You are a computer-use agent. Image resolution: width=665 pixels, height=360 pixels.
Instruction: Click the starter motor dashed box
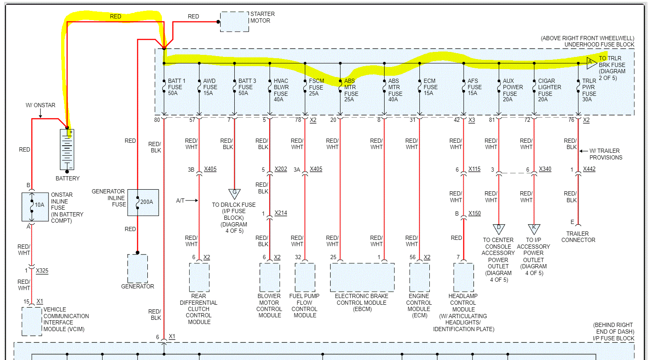pos(234,22)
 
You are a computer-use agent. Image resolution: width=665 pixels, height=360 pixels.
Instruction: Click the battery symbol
pos(67,149)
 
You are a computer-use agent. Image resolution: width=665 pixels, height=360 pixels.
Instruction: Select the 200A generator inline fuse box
pos(143,203)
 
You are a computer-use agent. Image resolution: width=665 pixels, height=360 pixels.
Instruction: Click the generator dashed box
pos(138,268)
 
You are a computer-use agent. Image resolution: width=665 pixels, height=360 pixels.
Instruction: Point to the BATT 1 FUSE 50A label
pos(176,87)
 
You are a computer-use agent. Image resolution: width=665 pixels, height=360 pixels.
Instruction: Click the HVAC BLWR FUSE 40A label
pos(281,90)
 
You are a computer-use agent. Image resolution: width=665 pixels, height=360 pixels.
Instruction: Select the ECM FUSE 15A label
pos(430,87)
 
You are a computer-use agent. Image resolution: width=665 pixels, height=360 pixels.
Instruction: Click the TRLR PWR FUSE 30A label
pos(589,90)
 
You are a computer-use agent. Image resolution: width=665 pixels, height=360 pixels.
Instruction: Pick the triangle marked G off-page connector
pos(234,193)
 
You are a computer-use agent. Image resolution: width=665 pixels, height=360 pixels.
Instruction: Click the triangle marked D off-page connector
pos(498,229)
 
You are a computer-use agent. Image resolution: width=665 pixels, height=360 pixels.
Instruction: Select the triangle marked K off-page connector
pos(534,229)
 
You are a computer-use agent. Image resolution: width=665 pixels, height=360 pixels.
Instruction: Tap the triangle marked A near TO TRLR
pos(591,63)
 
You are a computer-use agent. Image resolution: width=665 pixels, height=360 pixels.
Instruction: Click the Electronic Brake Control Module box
pos(362,277)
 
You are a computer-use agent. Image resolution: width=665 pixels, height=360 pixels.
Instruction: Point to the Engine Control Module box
pos(419,277)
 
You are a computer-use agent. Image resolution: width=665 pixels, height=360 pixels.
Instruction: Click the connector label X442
pos(589,169)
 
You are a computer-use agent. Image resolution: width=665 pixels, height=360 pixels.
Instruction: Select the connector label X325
pos(42,270)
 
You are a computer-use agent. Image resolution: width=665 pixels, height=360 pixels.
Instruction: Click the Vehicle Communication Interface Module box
pos(32,321)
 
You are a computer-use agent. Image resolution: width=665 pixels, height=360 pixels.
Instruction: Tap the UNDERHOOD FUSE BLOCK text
pos(599,44)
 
